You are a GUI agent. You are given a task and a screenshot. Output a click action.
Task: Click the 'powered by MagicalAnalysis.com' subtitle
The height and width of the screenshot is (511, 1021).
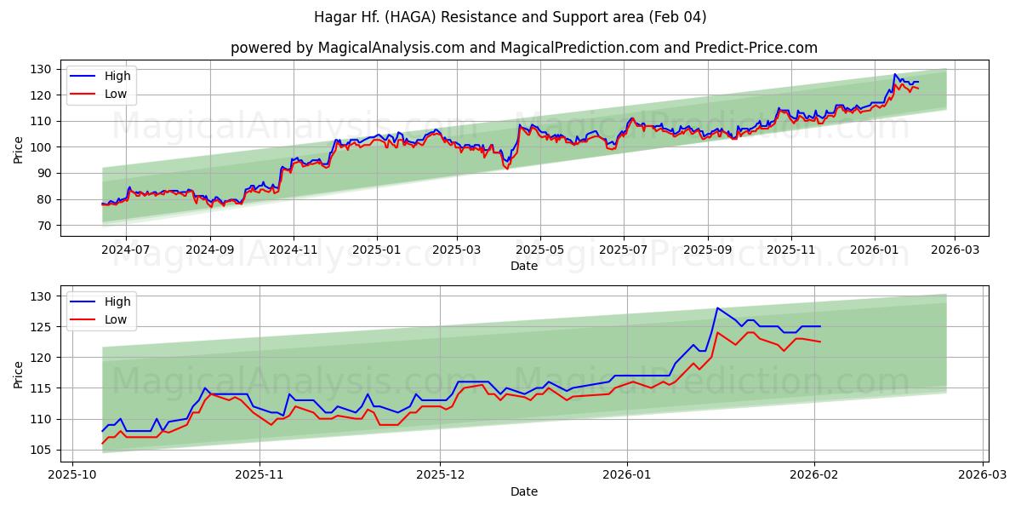(x=523, y=48)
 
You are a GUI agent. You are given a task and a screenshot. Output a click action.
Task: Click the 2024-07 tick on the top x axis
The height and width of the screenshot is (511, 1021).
(x=125, y=250)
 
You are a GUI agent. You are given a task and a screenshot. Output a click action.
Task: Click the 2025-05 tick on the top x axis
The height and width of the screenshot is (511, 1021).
(x=539, y=250)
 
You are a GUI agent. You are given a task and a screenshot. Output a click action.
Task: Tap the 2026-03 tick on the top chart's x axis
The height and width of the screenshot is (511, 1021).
(x=954, y=250)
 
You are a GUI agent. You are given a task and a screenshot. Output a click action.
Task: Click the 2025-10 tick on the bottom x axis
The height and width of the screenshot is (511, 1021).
(x=71, y=475)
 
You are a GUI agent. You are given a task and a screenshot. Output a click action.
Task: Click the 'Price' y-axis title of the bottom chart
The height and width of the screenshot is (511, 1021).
(x=19, y=374)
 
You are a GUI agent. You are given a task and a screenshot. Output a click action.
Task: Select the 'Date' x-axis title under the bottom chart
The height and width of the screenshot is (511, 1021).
(x=523, y=491)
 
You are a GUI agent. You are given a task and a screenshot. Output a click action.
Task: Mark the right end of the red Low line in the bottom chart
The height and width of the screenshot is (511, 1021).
(x=820, y=342)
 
